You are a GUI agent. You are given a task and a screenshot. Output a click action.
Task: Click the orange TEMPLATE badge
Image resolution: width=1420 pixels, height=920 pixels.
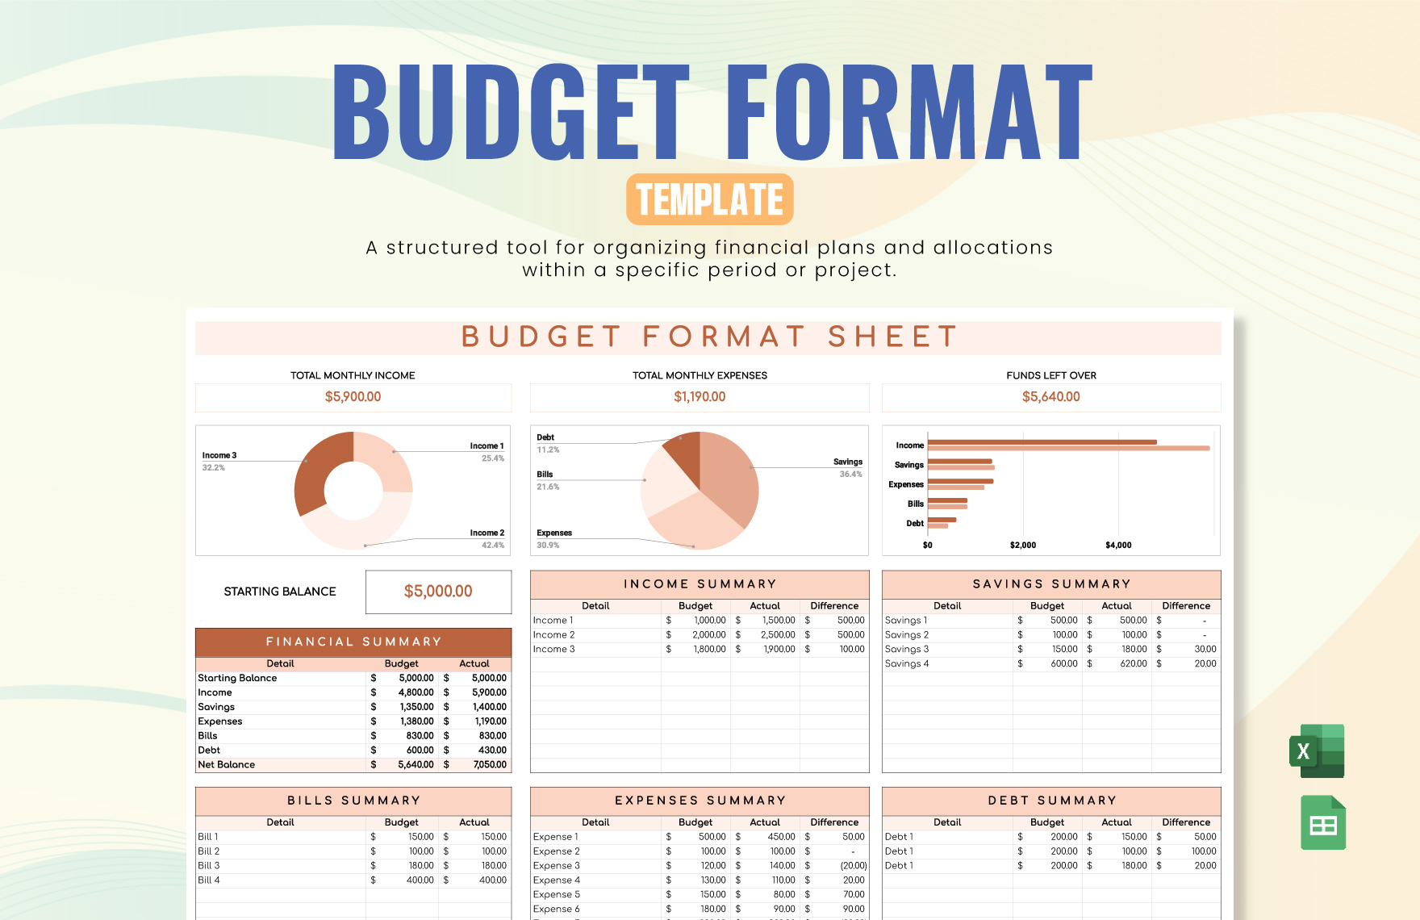tap(709, 199)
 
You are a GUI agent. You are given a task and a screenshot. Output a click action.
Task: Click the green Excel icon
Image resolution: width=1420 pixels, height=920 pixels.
tap(1317, 751)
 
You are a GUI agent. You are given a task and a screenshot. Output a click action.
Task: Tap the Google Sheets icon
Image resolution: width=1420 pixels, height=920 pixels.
tap(1322, 823)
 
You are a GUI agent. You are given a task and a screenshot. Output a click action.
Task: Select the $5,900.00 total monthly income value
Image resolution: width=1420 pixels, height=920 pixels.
tap(353, 397)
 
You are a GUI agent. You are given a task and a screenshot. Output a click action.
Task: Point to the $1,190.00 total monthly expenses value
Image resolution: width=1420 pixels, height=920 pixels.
tap(700, 397)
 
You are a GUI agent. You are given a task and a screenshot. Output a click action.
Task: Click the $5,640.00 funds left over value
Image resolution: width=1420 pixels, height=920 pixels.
tap(1050, 397)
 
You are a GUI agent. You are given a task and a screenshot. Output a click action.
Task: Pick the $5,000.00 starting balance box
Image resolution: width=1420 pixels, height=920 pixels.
tap(438, 592)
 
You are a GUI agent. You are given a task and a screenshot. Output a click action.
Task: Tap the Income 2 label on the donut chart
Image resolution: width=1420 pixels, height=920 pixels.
tap(487, 533)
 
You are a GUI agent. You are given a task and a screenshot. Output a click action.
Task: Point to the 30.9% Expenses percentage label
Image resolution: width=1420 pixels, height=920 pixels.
tap(548, 546)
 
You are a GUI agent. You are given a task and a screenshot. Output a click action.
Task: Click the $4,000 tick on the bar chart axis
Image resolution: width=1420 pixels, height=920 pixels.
tap(1118, 546)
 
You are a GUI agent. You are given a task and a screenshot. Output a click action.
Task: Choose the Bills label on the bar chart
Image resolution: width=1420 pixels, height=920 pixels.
tap(915, 504)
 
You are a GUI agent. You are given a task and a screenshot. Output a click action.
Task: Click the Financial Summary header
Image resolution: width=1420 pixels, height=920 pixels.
tap(353, 642)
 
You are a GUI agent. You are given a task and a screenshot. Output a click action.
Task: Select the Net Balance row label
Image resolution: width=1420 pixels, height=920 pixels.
tap(227, 764)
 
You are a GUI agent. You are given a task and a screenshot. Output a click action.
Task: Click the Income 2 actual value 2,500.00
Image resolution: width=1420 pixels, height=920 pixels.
tap(778, 635)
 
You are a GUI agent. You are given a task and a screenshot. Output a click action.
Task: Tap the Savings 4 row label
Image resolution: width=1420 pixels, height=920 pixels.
tap(907, 663)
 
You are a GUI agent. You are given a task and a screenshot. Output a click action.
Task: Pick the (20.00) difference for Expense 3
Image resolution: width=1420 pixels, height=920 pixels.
tap(853, 866)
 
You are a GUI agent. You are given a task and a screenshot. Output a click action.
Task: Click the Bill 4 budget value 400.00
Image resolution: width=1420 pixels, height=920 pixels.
tap(420, 880)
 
